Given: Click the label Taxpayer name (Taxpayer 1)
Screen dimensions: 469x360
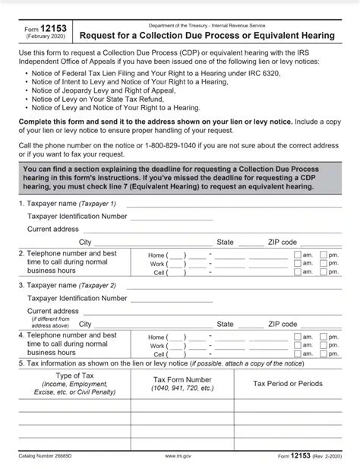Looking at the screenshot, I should click(x=71, y=204).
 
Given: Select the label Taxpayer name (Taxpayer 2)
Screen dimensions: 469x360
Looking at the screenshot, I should click(x=71, y=285).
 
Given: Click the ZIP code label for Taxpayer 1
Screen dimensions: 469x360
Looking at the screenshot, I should click(x=283, y=242).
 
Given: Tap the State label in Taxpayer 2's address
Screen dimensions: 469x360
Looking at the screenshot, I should click(x=225, y=324).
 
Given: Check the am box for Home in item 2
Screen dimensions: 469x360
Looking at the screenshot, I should click(x=297, y=255).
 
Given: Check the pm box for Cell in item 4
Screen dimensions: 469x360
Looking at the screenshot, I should click(x=324, y=354).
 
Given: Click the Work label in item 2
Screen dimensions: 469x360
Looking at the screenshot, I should click(x=158, y=264).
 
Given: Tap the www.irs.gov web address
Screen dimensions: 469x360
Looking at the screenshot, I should click(x=177, y=456).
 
